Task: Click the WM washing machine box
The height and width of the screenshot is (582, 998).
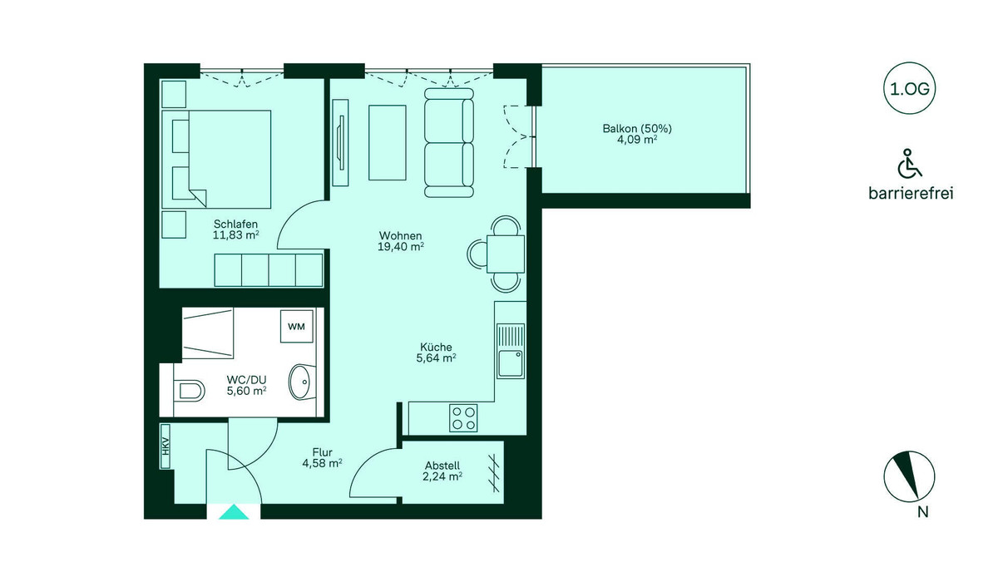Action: [296, 327]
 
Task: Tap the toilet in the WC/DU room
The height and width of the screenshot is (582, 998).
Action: [190, 391]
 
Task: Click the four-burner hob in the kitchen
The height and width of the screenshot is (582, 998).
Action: [463, 418]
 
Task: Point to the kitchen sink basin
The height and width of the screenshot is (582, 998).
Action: [511, 364]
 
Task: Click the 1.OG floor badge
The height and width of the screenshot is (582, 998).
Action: [909, 89]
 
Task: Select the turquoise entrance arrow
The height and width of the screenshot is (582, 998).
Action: [234, 512]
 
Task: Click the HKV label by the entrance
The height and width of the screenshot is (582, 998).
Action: [166, 446]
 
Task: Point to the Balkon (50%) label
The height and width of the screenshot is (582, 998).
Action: [637, 129]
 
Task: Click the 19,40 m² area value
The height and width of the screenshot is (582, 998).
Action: [401, 247]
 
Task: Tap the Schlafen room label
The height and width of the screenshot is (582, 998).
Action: [235, 224]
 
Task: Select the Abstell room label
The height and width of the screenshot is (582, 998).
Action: [442, 466]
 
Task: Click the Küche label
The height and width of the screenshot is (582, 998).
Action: [436, 347]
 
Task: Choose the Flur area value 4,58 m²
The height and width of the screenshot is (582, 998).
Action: [322, 464]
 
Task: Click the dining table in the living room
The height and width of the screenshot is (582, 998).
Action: [506, 254]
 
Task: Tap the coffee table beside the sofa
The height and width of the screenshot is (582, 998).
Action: [388, 142]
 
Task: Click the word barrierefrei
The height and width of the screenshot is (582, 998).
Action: [911, 194]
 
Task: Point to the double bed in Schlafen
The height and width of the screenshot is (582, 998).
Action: [216, 160]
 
